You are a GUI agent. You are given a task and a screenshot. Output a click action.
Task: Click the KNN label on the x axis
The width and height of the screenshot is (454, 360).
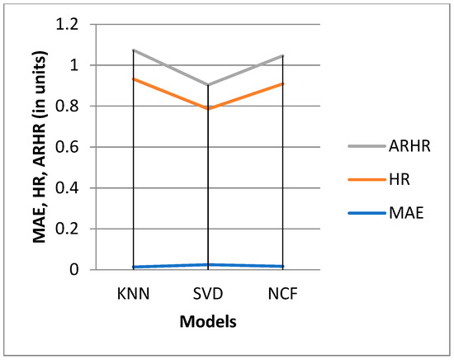(133, 291)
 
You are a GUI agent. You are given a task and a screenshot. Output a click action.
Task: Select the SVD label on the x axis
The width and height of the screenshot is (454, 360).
(208, 291)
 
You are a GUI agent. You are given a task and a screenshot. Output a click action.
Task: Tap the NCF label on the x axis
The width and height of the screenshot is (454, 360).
(283, 291)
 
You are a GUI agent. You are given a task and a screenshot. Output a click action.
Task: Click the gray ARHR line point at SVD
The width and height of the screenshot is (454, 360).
(208, 85)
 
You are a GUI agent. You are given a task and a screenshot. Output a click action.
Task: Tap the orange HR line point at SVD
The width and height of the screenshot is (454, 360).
(208, 108)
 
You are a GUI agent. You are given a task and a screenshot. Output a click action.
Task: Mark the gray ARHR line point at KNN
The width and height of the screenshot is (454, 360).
(133, 50)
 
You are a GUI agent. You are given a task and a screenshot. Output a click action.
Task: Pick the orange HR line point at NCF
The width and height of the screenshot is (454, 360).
(283, 84)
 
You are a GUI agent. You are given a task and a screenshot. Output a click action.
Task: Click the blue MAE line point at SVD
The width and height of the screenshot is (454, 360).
(208, 264)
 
